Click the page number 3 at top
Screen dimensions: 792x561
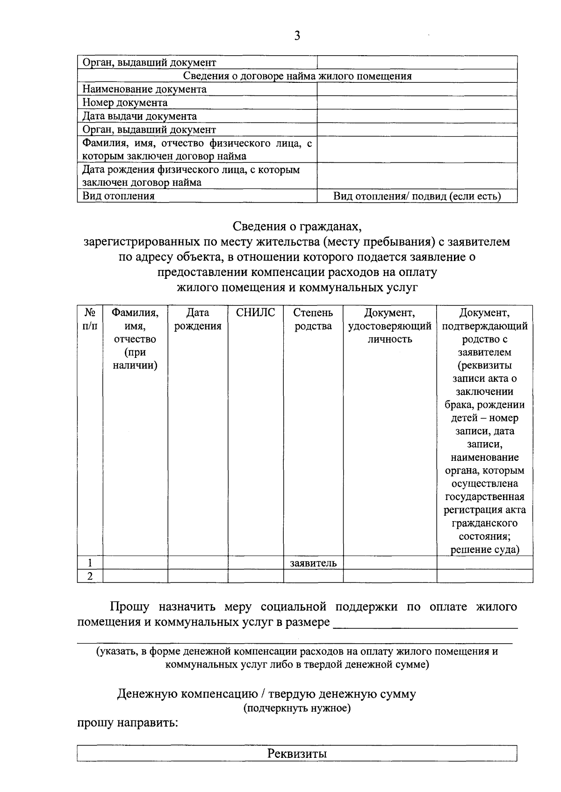pos(297,36)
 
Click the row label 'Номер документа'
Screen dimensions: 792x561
pos(125,103)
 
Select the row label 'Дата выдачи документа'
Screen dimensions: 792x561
pos(139,116)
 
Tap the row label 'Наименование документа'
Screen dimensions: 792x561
pos(144,89)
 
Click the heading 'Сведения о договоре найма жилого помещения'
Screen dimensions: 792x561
pos(297,76)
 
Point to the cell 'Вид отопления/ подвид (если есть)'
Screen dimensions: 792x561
pos(417,196)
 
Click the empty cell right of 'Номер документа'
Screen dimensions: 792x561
pos(417,103)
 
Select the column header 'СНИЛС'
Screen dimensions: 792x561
pos(255,313)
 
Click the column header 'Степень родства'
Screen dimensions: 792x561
pos(313,320)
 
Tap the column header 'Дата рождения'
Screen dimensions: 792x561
pos(198,320)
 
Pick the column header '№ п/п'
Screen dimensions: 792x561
pos(90,320)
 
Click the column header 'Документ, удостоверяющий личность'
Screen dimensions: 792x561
pos(389,326)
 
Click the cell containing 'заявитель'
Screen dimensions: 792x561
pos(313,563)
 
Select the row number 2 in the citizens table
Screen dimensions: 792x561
pos(90,576)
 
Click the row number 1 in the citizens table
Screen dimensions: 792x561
pos(90,563)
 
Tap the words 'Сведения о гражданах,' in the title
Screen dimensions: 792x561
pos(297,227)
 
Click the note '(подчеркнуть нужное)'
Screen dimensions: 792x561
pos(297,708)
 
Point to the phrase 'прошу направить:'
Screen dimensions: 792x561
pos(127,723)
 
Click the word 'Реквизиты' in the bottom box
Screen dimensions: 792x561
pos(297,754)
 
